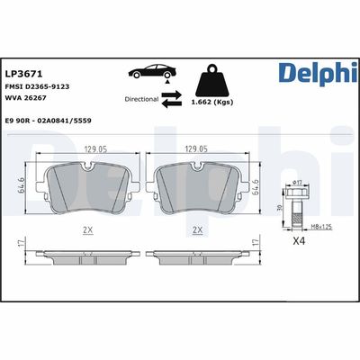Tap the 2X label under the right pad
point(197,230)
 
